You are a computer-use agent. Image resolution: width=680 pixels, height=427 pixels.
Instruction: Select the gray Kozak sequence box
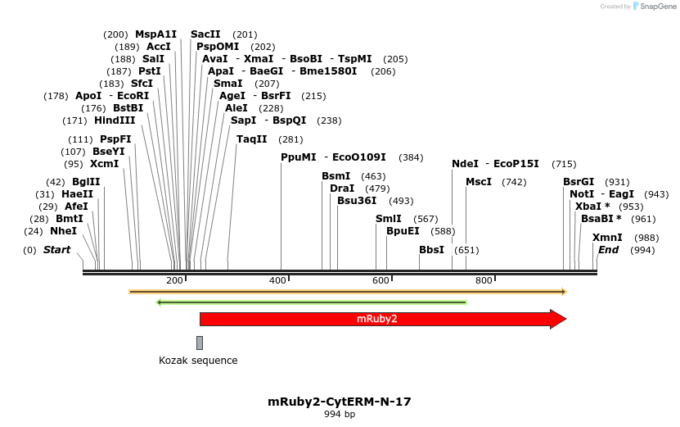[200, 343]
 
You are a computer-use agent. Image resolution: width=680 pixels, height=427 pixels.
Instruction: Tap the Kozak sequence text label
[198, 361]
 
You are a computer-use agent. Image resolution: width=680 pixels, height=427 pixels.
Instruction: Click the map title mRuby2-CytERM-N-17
[340, 402]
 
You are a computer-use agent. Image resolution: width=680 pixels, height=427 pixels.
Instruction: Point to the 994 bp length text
[340, 415]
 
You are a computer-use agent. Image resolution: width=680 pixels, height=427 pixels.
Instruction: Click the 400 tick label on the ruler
[278, 281]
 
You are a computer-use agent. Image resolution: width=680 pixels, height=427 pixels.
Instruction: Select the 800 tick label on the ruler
[484, 281]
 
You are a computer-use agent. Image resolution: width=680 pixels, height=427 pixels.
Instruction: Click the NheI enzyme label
[63, 231]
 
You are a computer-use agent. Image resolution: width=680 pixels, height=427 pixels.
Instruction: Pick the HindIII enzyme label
[115, 120]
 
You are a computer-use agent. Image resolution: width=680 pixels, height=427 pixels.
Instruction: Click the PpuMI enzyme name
[298, 157]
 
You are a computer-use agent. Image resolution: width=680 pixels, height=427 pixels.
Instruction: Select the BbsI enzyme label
[431, 250]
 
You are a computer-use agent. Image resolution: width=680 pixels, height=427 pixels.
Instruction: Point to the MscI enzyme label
[479, 182]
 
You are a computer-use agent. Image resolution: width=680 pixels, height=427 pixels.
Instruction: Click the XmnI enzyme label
[607, 238]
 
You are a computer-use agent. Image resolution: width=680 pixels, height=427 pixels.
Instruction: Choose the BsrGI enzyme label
[579, 182]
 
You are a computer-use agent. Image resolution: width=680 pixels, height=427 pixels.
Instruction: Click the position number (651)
[466, 250]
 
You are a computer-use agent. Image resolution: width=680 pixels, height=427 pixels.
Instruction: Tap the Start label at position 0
[56, 250]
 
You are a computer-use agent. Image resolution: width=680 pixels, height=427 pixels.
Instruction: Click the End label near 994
[608, 250]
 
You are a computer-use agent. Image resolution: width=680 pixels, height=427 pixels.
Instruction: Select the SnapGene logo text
[657, 7]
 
